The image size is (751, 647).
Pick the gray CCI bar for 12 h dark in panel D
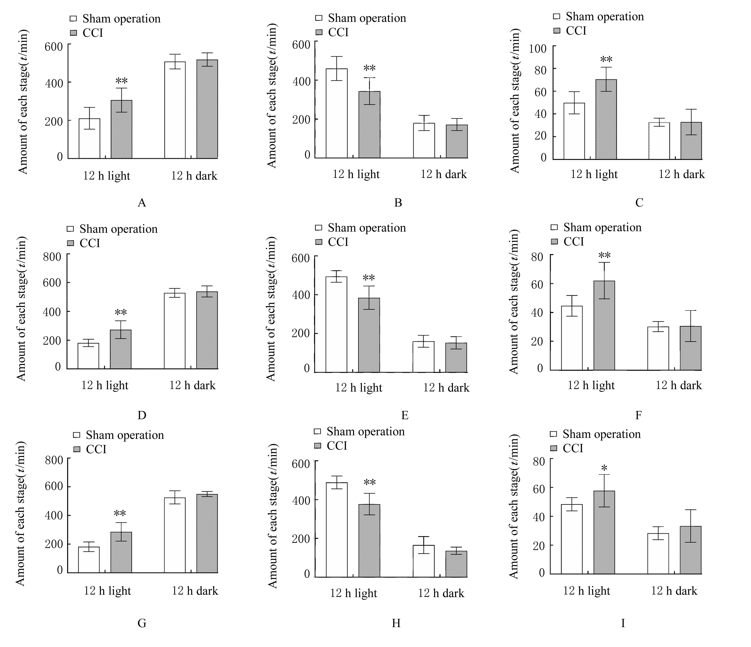point(207,330)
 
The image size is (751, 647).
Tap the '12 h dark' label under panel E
point(446,388)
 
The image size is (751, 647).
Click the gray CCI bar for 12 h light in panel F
point(604,325)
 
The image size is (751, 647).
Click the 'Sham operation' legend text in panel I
point(601,434)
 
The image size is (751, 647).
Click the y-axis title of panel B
point(272,96)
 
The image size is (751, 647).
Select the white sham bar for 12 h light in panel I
point(572,539)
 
